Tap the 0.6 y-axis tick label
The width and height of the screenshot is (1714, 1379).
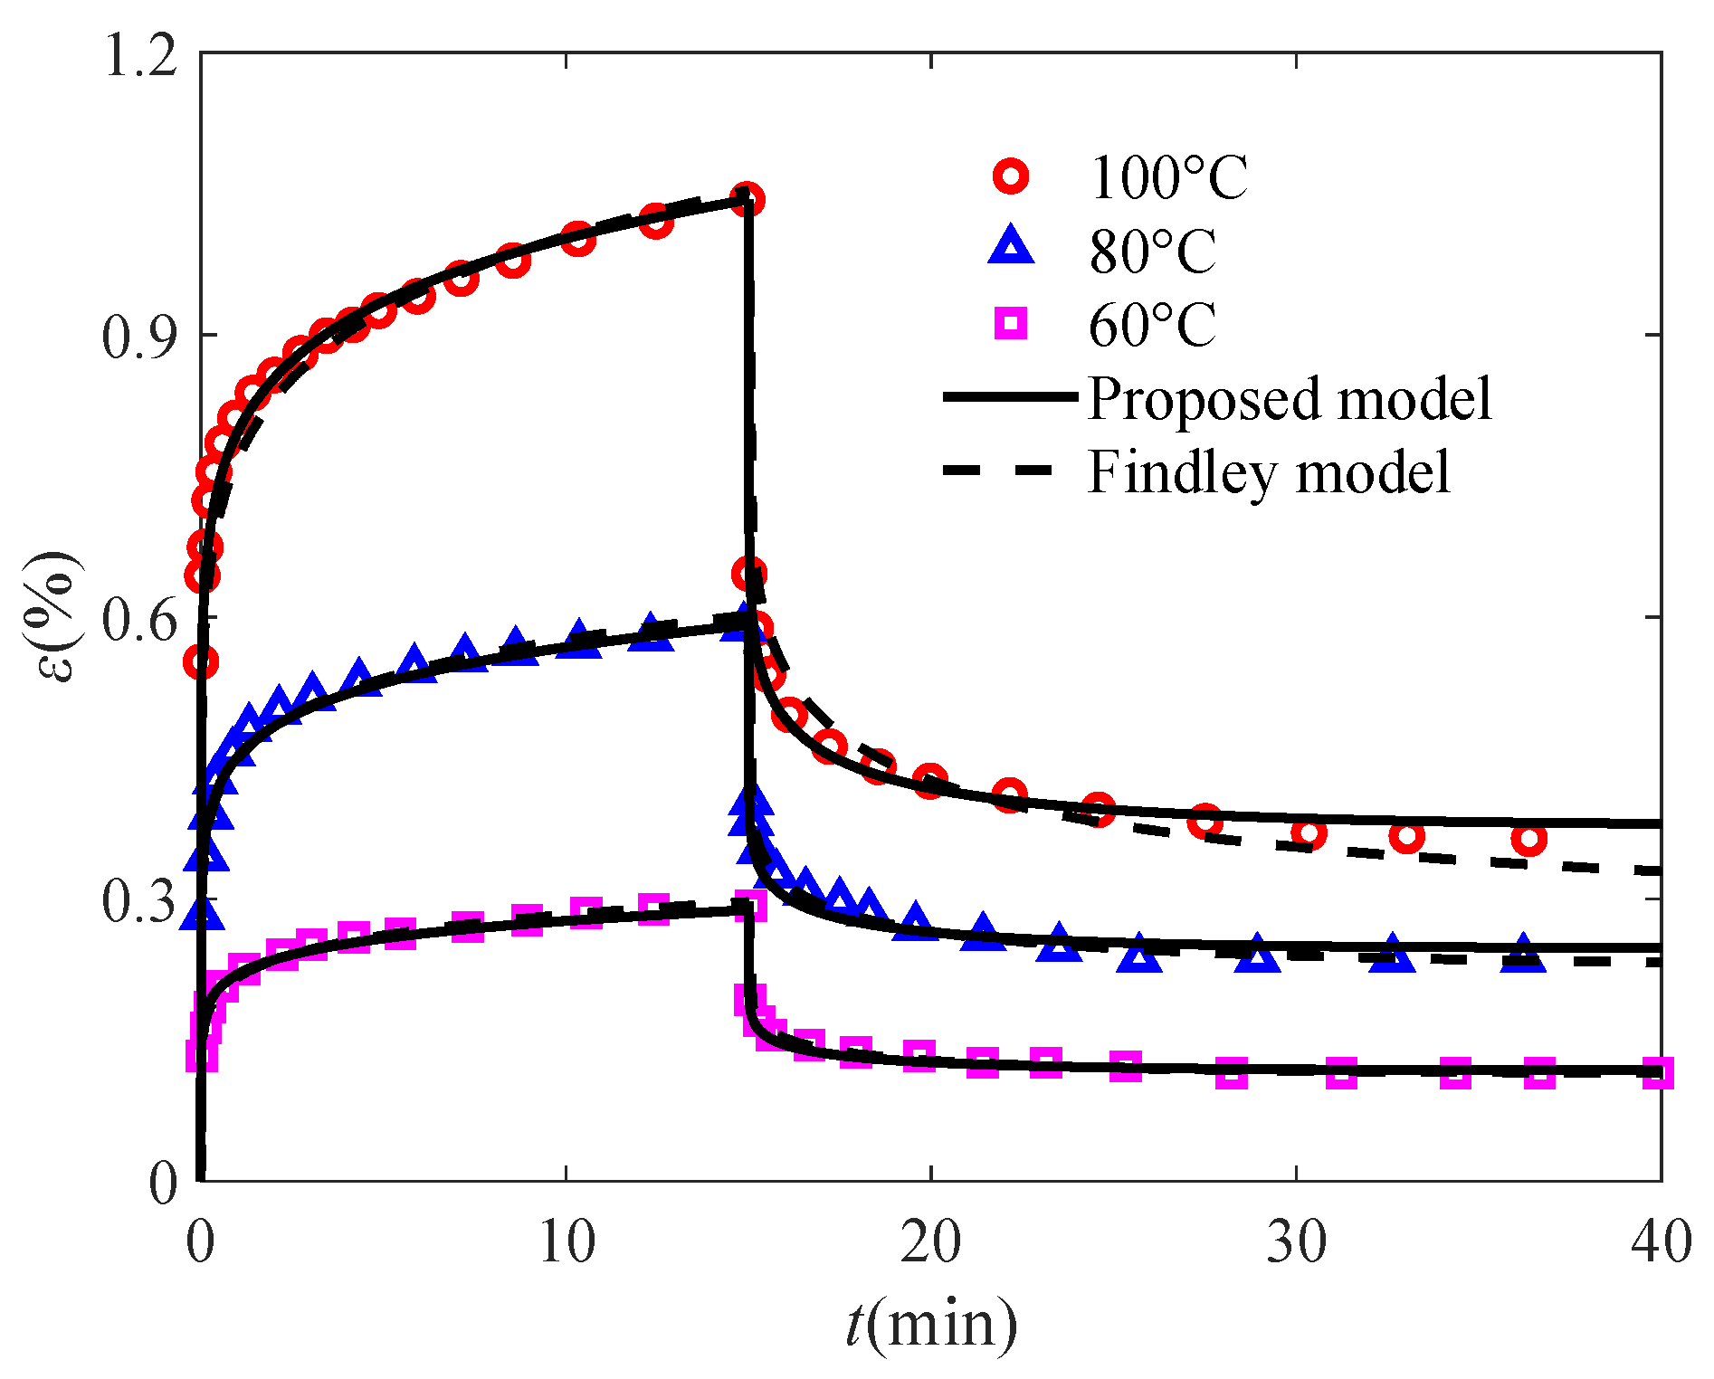tap(137, 620)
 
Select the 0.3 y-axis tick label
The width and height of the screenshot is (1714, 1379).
tap(137, 902)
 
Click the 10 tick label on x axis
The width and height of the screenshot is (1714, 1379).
tap(567, 1241)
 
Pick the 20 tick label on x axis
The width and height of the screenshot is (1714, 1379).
tap(930, 1241)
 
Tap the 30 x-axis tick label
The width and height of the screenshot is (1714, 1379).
tap(1296, 1241)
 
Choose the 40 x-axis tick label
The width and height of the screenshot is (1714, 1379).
tap(1661, 1241)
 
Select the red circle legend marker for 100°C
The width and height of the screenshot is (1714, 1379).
tap(1011, 176)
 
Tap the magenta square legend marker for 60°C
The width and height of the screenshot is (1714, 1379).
tap(1011, 323)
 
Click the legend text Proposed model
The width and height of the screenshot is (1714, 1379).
tap(1289, 398)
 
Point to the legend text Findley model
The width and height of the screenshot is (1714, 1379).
tap(1269, 471)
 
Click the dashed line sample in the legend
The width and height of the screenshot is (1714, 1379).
tap(999, 471)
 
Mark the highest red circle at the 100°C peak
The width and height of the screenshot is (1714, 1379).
tap(747, 199)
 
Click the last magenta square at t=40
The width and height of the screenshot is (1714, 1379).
tap(1657, 1073)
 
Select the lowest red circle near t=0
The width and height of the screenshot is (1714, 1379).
tap(201, 661)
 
